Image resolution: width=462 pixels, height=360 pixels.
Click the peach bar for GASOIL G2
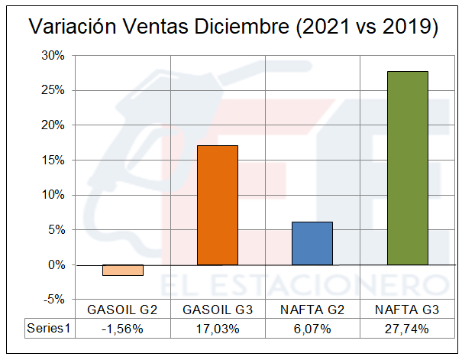(123, 270)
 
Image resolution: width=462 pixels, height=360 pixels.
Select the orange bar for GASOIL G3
(218, 205)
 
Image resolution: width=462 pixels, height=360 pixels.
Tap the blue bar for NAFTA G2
(312, 243)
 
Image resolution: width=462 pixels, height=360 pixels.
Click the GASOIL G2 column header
(123, 310)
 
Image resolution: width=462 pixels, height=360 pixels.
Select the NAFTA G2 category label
(312, 310)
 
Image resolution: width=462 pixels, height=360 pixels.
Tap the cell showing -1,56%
(123, 328)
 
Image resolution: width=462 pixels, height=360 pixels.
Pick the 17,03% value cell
(218, 328)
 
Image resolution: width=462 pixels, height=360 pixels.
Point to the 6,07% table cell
(312, 328)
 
